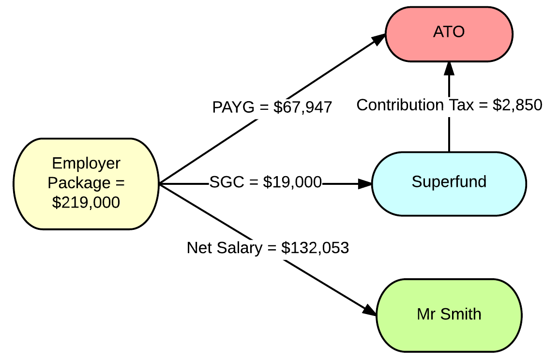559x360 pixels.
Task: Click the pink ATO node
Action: click(x=449, y=34)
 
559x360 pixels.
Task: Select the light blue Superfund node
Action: click(x=449, y=183)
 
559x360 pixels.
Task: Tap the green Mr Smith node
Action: click(x=449, y=315)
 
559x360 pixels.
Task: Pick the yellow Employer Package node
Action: click(x=86, y=183)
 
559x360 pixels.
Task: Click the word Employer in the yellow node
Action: click(x=86, y=164)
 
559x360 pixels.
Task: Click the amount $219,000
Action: click(x=86, y=202)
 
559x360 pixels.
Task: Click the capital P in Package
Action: click(x=52, y=183)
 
